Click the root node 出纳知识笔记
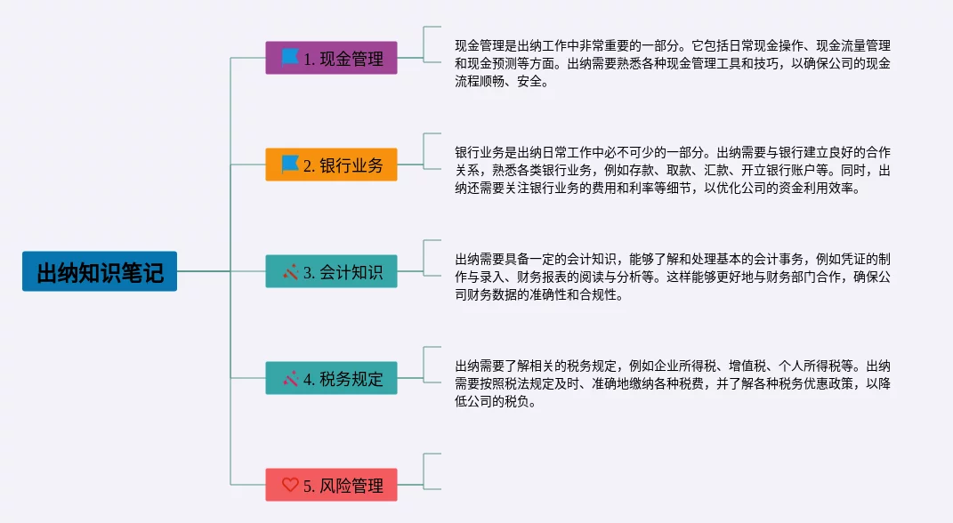pos(100,271)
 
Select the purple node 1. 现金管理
pos(331,58)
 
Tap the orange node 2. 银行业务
pos(331,165)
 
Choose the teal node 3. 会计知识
pos(331,271)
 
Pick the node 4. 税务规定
pos(331,378)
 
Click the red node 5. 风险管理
pos(331,485)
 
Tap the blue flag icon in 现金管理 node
pos(290,58)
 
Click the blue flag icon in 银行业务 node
pos(290,165)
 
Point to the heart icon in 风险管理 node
pos(290,485)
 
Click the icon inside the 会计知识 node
pos(290,271)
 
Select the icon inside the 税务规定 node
pos(290,378)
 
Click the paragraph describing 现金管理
pos(673,62)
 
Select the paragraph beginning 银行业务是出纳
pos(673,169)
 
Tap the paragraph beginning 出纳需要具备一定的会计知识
pos(673,277)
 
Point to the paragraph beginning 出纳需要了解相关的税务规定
pos(673,382)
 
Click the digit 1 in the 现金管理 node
pos(308,59)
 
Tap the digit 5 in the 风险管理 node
pos(308,486)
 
